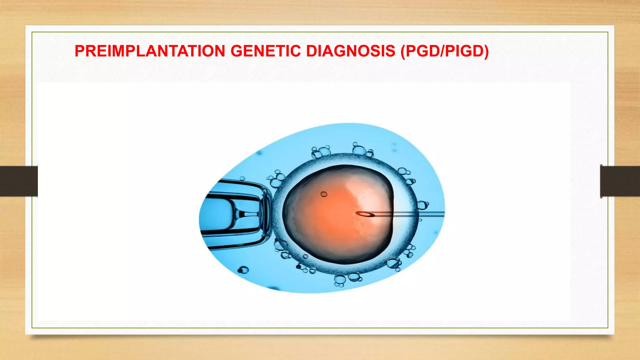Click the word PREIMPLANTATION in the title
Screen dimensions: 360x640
[x=150, y=51]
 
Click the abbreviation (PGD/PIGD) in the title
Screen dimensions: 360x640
[x=445, y=51]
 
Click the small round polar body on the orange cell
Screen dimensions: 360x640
[x=324, y=194]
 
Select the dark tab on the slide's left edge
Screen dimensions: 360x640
[x=19, y=181]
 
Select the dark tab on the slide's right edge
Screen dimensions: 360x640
[x=620, y=181]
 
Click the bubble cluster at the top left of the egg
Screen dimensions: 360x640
[x=320, y=152]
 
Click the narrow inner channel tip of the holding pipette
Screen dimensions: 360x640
[x=250, y=214]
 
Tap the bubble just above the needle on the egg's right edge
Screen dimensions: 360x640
[x=422, y=205]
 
